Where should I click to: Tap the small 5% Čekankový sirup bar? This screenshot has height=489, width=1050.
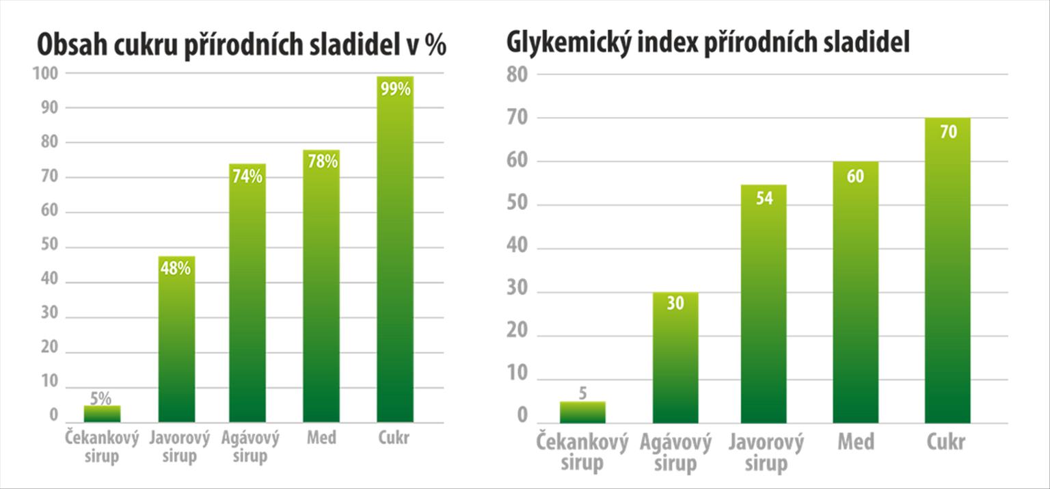(103, 414)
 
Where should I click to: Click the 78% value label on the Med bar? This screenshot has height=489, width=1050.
(321, 162)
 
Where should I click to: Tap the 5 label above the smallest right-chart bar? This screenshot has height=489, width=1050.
(583, 393)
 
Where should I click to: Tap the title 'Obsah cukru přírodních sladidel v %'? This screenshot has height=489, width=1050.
(241, 46)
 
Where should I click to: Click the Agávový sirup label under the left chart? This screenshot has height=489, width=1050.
(250, 447)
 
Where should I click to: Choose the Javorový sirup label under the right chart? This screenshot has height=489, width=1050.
(766, 453)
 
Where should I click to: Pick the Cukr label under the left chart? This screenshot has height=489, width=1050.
(394, 438)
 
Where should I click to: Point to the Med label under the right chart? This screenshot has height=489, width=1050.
(856, 442)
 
